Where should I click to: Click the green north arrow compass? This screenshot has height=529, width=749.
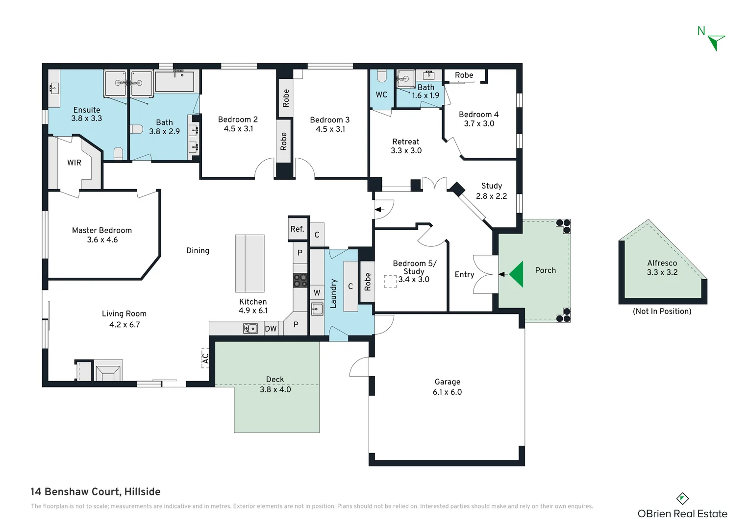(x=716, y=42)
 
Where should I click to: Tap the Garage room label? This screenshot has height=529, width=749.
(x=447, y=382)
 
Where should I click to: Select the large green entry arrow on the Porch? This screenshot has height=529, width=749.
(x=516, y=274)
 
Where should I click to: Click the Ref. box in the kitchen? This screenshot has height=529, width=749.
(x=298, y=229)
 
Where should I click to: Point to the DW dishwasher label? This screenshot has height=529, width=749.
(x=271, y=329)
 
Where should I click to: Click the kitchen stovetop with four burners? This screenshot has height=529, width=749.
(x=300, y=281)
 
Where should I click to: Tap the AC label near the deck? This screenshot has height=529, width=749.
(x=205, y=359)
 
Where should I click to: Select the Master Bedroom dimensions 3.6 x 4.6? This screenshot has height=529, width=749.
(x=102, y=240)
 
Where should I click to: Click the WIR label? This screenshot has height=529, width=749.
(x=74, y=163)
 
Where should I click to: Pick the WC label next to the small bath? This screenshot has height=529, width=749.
(x=381, y=95)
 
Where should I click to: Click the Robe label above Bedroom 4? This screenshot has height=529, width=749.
(x=464, y=75)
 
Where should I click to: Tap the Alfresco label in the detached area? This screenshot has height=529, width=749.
(x=662, y=263)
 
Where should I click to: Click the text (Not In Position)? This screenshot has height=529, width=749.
(x=662, y=311)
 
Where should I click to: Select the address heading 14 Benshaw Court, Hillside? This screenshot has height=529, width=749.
(x=96, y=492)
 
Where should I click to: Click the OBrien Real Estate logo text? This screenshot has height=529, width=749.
(x=682, y=514)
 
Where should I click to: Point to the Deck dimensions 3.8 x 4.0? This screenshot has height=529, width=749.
(x=275, y=389)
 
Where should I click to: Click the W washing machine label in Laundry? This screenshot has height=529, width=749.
(x=317, y=293)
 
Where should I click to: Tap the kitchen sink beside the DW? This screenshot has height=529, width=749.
(x=250, y=328)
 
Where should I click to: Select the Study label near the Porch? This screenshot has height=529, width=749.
(x=492, y=186)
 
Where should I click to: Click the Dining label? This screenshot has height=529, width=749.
(x=198, y=250)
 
